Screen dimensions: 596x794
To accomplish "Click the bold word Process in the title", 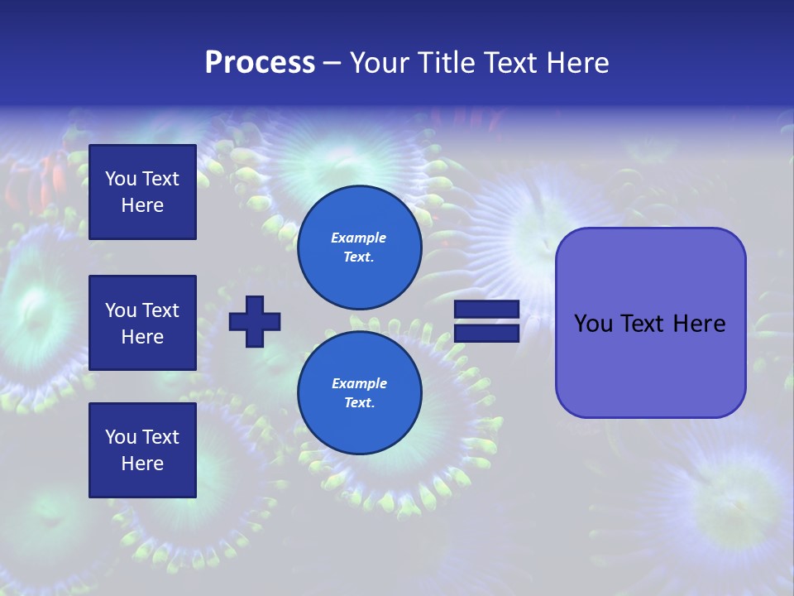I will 260,63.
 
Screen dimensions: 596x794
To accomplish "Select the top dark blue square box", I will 142,192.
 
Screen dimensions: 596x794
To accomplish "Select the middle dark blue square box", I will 142,323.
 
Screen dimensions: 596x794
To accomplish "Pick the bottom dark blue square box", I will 142,450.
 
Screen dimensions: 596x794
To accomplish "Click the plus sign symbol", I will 255,321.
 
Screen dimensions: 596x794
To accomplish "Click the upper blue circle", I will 359,247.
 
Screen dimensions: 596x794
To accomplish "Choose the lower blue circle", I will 359,393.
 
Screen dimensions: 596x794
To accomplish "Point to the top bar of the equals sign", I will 486,309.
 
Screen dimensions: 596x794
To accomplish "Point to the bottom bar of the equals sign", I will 486,334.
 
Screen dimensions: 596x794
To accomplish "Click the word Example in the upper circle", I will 359,238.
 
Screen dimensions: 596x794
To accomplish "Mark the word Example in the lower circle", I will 359,383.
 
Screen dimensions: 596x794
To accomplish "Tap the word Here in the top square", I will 142,205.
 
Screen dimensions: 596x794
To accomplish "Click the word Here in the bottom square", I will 142,464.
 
